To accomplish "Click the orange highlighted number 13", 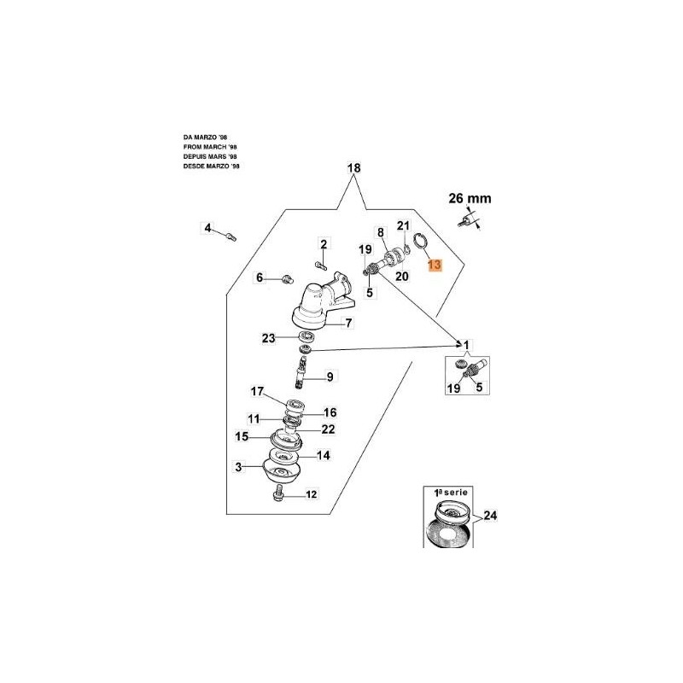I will pyautogui.click(x=435, y=266).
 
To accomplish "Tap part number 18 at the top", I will pyautogui.click(x=354, y=169).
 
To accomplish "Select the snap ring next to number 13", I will pyautogui.click(x=418, y=243).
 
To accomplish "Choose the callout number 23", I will pyautogui.click(x=268, y=338).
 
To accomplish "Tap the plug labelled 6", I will pyautogui.click(x=287, y=277).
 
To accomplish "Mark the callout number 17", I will pyautogui.click(x=258, y=392).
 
